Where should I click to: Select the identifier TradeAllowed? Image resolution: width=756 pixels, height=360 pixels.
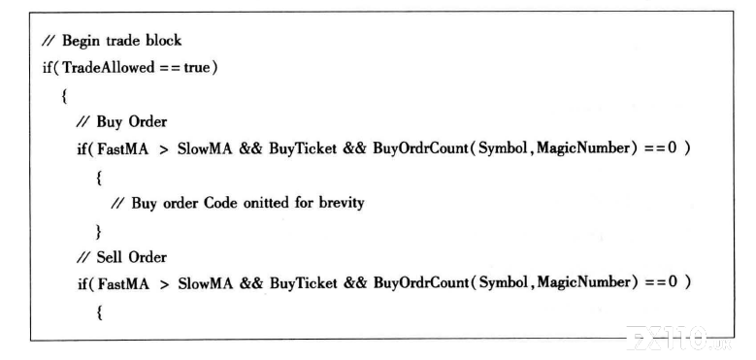point(108,68)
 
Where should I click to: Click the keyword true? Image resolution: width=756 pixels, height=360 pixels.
point(197,68)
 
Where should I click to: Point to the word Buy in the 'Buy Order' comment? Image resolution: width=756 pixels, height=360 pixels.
point(109,122)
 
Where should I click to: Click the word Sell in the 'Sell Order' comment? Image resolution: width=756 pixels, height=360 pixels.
point(109,257)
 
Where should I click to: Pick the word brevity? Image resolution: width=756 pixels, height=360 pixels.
point(342,203)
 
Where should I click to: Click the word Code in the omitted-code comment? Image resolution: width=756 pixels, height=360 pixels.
point(221,203)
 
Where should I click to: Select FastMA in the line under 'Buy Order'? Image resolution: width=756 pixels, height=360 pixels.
point(123,148)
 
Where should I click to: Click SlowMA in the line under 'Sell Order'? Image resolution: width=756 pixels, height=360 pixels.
point(206,283)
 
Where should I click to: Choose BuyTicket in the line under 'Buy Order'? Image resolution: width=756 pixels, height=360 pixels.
point(303,148)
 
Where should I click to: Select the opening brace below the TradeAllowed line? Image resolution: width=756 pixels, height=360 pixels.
point(64,96)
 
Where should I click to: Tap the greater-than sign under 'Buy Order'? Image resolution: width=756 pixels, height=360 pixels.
point(164,149)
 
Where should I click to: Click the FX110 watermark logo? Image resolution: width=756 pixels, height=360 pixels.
point(677,338)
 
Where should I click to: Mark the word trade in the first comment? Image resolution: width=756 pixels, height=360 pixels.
point(120,41)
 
